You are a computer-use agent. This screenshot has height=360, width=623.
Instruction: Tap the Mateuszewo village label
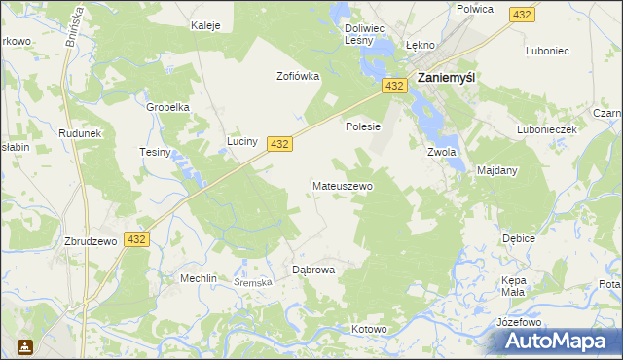click(x=342, y=185)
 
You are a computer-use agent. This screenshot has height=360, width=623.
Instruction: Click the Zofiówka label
click(x=298, y=76)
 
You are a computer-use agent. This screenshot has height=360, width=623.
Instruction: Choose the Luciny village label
click(x=242, y=142)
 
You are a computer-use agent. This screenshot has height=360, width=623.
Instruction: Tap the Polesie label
click(x=362, y=126)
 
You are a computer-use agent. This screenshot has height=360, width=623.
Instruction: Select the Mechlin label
click(x=198, y=277)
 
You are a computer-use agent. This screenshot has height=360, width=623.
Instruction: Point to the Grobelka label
click(x=167, y=107)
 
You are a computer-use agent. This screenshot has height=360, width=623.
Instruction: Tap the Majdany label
click(x=497, y=170)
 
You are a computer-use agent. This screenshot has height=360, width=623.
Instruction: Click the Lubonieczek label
click(x=548, y=128)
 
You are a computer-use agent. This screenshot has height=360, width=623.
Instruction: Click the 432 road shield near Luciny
click(x=279, y=144)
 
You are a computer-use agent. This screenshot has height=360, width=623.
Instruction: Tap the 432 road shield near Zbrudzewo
click(x=136, y=239)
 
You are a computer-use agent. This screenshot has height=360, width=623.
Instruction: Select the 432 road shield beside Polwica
click(x=523, y=16)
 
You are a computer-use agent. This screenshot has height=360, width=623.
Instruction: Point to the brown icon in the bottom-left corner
click(x=23, y=346)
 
